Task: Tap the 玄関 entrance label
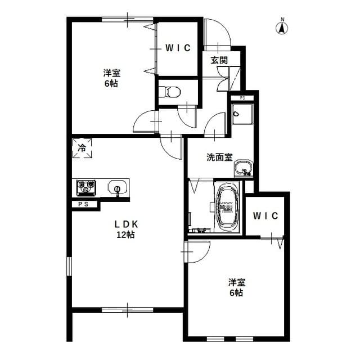[219, 60]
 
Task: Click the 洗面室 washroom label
[219, 157]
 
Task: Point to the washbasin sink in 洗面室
[244, 168]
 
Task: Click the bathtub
[228, 206]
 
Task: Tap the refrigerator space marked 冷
[82, 149]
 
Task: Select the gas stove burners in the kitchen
[85, 187]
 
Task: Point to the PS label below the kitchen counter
[84, 204]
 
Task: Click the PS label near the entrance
[242, 98]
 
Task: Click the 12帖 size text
[125, 235]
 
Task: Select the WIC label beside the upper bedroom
[178, 48]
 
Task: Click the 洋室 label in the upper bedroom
[111, 73]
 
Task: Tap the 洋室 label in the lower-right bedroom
[236, 282]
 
